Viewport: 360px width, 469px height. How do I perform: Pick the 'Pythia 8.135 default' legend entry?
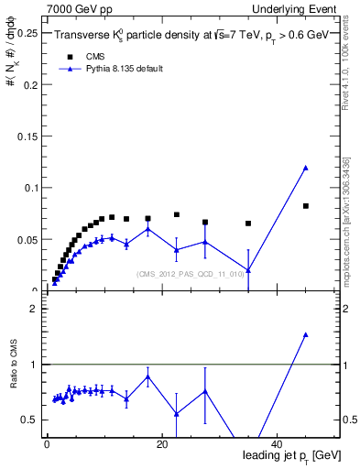116,69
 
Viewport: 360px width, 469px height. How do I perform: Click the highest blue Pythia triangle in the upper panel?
305,168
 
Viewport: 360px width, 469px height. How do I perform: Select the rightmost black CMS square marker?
305,206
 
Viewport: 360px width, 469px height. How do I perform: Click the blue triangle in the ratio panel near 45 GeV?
305,335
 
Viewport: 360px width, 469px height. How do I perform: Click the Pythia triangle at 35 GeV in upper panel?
248,269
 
